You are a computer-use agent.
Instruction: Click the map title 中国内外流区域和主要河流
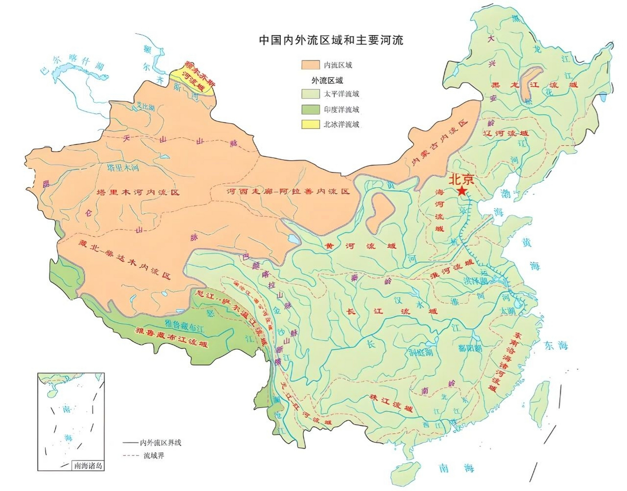331,40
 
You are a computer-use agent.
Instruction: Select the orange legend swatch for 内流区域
310,65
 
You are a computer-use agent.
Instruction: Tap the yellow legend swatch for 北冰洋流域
310,124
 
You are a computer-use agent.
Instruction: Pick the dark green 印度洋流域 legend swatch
310,110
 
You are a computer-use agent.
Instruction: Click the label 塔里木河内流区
138,192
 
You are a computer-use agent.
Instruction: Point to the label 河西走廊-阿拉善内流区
288,191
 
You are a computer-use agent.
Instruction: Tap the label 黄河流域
360,246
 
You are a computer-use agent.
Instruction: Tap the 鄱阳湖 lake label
470,348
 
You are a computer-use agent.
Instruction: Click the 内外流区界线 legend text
160,443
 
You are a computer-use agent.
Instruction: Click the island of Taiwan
539,404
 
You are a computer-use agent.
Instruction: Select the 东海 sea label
556,346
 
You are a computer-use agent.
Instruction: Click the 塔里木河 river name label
123,168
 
